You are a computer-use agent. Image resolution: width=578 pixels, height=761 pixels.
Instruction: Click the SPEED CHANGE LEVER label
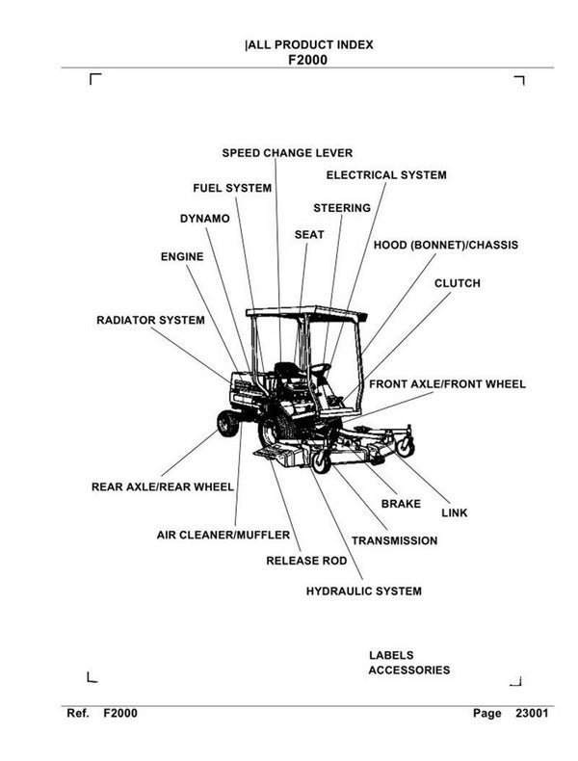click(287, 153)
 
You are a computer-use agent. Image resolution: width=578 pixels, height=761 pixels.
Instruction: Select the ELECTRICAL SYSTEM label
click(385, 175)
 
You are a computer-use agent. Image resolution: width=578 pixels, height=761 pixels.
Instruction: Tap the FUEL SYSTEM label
click(232, 188)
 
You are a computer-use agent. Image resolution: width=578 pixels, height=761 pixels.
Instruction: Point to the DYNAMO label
click(204, 219)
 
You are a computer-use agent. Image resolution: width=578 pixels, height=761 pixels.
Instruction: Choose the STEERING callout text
click(342, 208)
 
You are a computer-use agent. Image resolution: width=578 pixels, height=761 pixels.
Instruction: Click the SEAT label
click(309, 234)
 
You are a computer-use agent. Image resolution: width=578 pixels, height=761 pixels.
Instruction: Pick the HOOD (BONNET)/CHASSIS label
click(445, 246)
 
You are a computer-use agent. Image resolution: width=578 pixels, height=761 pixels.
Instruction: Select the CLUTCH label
click(457, 284)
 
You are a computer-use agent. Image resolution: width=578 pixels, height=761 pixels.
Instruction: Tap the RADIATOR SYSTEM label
click(150, 320)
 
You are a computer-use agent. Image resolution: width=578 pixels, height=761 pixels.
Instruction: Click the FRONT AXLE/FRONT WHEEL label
click(447, 384)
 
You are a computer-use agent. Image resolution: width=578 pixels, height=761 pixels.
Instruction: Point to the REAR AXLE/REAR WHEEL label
click(162, 487)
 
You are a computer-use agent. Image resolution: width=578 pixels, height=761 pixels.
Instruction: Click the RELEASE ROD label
click(306, 560)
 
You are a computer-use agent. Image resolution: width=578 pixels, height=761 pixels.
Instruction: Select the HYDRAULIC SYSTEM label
click(363, 591)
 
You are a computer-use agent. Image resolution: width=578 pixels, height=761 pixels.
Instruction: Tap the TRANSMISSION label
click(394, 541)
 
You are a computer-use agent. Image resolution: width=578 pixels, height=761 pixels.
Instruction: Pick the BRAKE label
click(401, 504)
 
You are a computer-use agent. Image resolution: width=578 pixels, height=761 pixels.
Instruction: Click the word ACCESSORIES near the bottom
click(408, 670)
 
